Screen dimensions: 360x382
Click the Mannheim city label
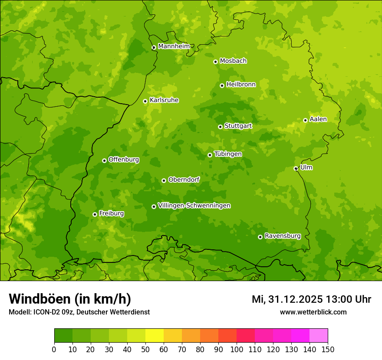click(174, 46)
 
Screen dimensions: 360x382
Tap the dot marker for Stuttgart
click(220, 127)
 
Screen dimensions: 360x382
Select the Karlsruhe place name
click(164, 100)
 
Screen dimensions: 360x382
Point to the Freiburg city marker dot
click(95, 214)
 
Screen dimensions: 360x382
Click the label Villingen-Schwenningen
click(194, 206)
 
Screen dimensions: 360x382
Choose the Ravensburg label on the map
click(283, 236)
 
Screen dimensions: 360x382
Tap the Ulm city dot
click(296, 168)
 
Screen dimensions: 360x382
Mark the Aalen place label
click(318, 119)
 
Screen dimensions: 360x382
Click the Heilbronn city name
click(241, 85)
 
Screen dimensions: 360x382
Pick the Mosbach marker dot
click(215, 62)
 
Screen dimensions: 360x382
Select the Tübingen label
click(228, 154)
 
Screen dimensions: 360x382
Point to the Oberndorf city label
click(184, 180)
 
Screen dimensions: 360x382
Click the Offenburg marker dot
click(104, 160)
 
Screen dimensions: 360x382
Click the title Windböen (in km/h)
click(70, 299)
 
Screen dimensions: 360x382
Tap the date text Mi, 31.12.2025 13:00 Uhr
click(311, 299)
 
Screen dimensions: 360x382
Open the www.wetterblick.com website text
click(313, 312)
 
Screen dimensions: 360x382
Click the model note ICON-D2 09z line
click(79, 312)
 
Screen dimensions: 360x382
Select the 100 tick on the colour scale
click(237, 349)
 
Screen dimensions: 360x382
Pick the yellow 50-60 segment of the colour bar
click(155, 336)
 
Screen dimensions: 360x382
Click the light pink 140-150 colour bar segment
click(319, 336)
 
